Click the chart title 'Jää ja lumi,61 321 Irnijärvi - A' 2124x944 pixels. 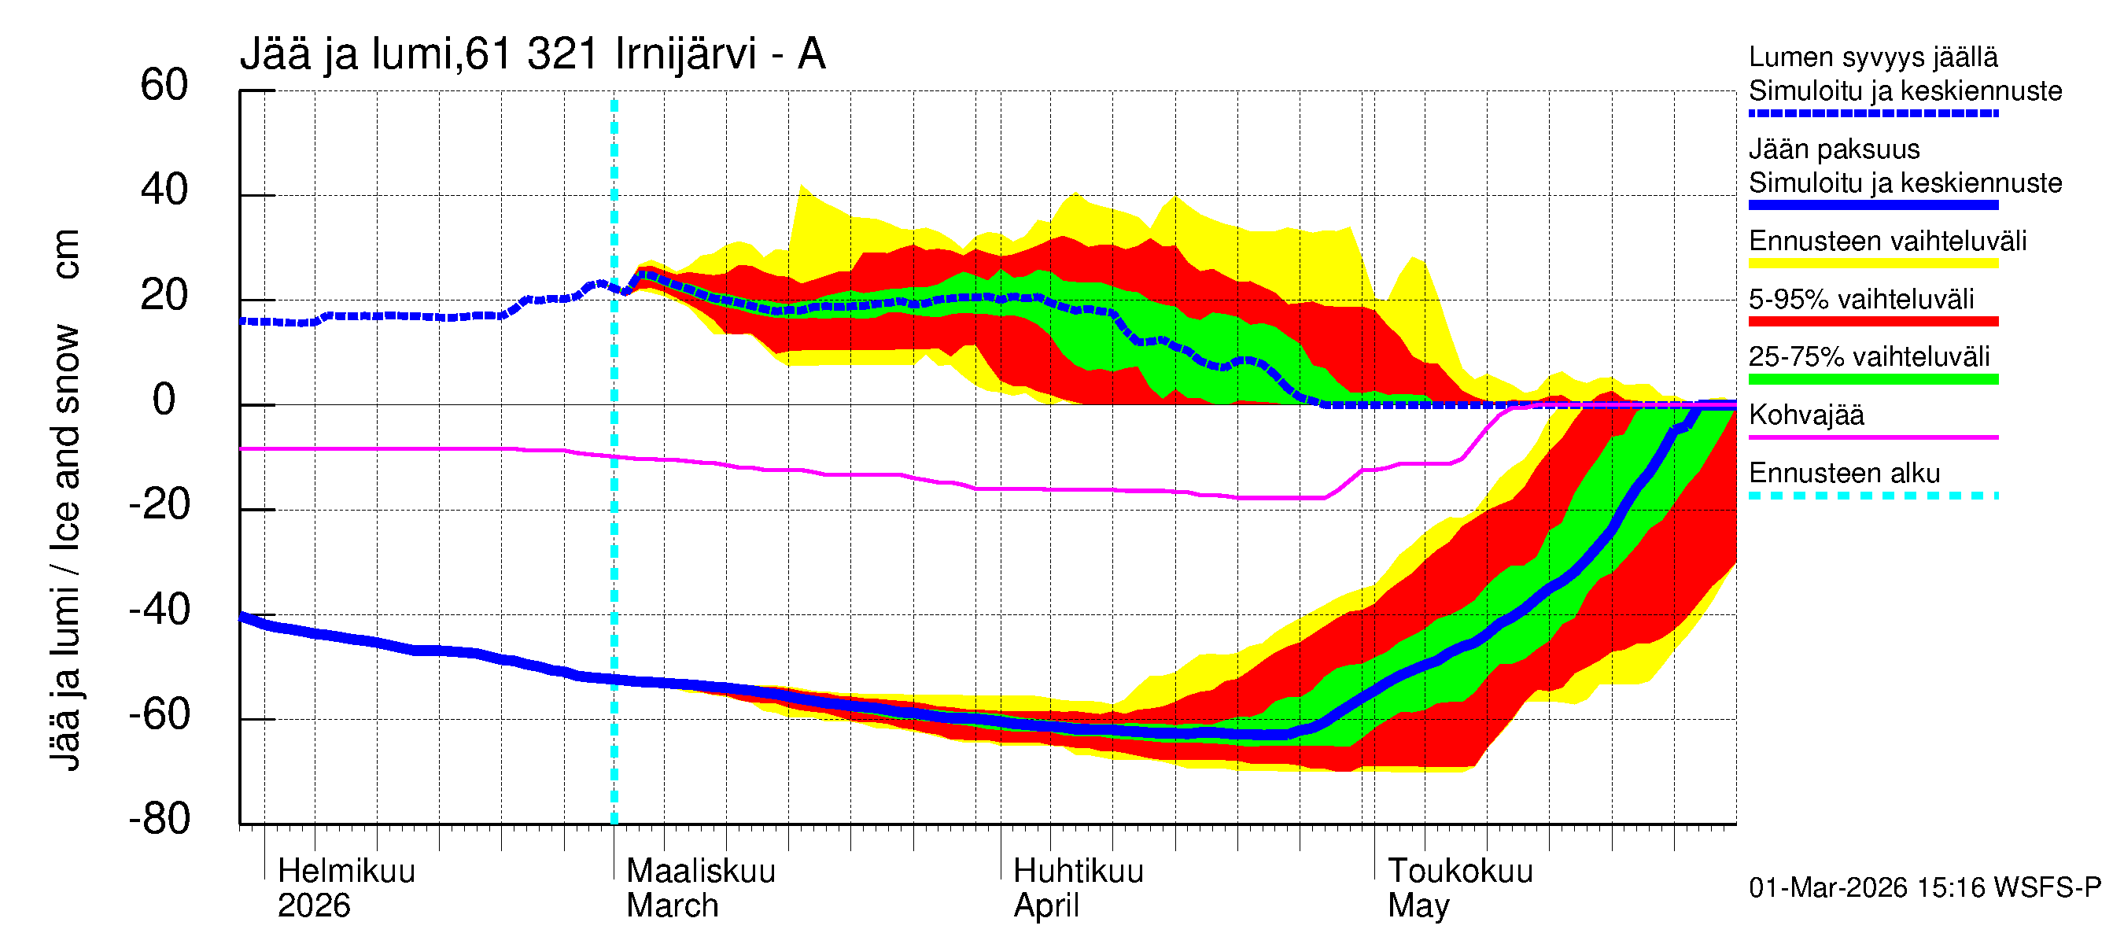pos(532,55)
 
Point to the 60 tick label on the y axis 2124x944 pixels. pos(164,86)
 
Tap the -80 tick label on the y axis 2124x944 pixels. pos(159,820)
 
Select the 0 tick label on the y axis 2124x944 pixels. pos(164,400)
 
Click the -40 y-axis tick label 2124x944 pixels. pos(159,610)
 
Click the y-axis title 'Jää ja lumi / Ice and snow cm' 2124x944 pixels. pos(65,499)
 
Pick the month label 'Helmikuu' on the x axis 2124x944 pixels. pos(346,872)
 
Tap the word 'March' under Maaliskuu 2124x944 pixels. pos(672,906)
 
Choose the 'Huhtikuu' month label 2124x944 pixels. pos(1078,872)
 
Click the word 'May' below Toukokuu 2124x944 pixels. pos(1418,906)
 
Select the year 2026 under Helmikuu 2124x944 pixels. pos(313,906)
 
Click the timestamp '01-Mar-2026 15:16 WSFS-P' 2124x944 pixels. pos(1924,888)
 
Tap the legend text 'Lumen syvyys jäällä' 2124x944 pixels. pos(1872,57)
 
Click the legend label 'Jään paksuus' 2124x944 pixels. pos(1834,149)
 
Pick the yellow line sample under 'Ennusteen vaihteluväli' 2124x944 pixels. pos(1872,264)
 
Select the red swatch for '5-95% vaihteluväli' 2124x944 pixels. pos(1872,322)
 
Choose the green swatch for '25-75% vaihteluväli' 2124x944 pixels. pos(1872,379)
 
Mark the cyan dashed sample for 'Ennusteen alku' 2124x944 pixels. pos(1872,496)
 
